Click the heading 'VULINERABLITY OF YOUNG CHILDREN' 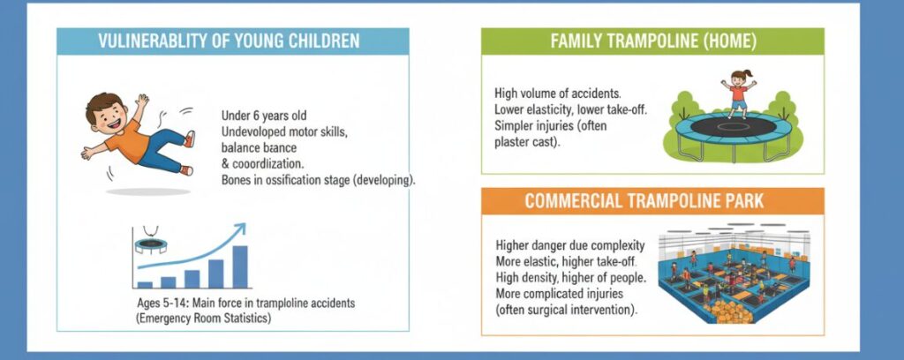click(x=232, y=41)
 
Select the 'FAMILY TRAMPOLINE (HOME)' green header click(x=652, y=41)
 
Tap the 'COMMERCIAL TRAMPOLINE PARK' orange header click(x=652, y=201)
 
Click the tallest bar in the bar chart click(x=239, y=266)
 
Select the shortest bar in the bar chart click(x=145, y=284)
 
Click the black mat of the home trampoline click(x=738, y=126)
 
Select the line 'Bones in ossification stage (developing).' click(x=320, y=179)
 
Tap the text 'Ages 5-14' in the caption click(x=162, y=303)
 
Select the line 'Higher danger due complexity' click(x=569, y=245)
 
